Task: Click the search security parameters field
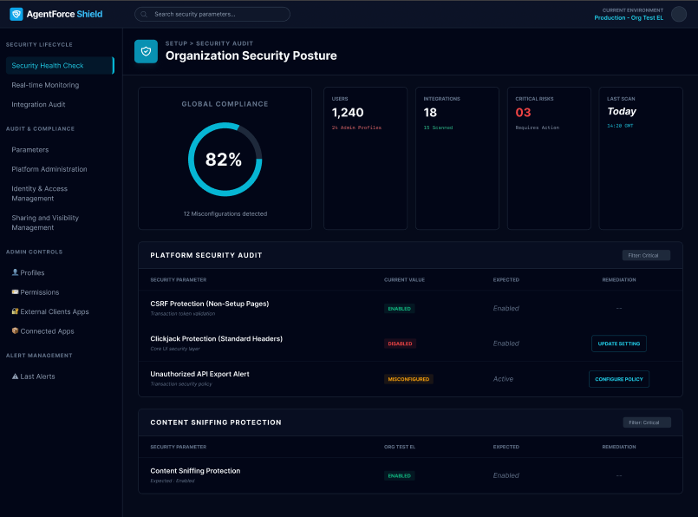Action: pyautogui.click(x=212, y=14)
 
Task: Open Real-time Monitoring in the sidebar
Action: pyautogui.click(x=45, y=85)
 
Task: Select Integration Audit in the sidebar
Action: pyautogui.click(x=38, y=104)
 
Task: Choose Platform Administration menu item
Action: pyautogui.click(x=49, y=169)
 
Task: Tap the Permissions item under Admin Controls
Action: pyautogui.click(x=39, y=292)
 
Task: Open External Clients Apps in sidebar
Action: pyautogui.click(x=54, y=311)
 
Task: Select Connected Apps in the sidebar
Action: pyautogui.click(x=47, y=331)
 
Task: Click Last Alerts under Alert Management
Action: pyautogui.click(x=37, y=376)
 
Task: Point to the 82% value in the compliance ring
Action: pyautogui.click(x=224, y=160)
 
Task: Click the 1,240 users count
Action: pyautogui.click(x=348, y=113)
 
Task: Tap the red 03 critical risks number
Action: pyautogui.click(x=523, y=113)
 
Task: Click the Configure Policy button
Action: pyautogui.click(x=618, y=379)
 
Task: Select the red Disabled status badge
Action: pyautogui.click(x=400, y=344)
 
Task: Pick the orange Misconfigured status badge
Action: pyautogui.click(x=408, y=379)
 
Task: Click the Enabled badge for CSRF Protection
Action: pyautogui.click(x=400, y=308)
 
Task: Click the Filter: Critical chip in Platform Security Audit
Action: pyautogui.click(x=646, y=255)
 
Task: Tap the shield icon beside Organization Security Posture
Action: pyautogui.click(x=146, y=51)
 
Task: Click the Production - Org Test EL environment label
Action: pyautogui.click(x=629, y=17)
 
